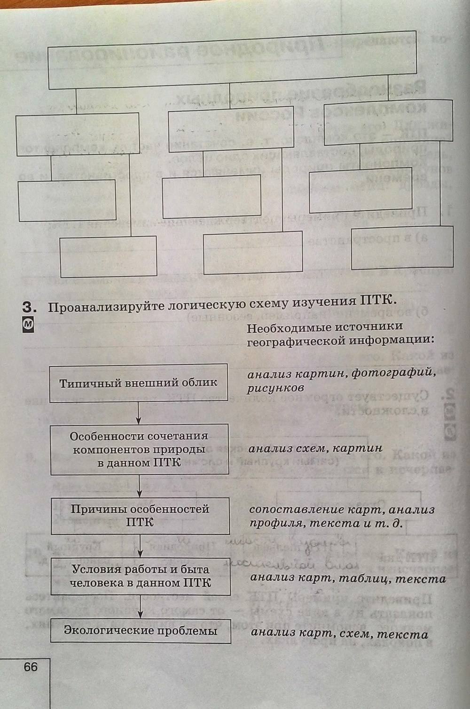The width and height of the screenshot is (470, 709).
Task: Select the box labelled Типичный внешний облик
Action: [x=139, y=383]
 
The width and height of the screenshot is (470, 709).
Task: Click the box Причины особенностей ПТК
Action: [x=140, y=516]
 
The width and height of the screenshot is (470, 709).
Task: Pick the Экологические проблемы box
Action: [x=141, y=631]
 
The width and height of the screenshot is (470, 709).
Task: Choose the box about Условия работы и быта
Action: [x=141, y=577]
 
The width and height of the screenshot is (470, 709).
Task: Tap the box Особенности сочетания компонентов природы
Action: [x=139, y=449]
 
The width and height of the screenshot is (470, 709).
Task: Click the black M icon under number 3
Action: [x=28, y=325]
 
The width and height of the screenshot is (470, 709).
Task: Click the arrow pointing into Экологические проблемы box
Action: [x=141, y=612]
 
